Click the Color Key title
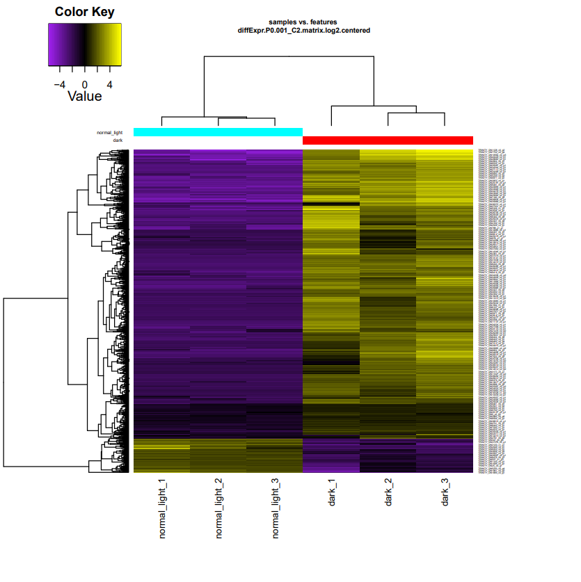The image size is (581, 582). pos(85,13)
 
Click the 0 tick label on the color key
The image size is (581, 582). pos(85,83)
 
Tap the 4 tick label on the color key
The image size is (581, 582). pos(109,83)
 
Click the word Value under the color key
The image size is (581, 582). pos(85,96)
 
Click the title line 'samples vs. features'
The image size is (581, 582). pos(303,22)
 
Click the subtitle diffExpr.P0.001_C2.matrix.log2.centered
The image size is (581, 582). pos(303,31)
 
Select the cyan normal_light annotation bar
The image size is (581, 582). pos(218,132)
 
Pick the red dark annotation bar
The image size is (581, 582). pos(388,140)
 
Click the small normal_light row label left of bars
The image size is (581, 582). pos(109,132)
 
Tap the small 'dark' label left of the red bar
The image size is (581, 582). pos(118,140)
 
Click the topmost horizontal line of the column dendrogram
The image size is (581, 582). pos(289,56)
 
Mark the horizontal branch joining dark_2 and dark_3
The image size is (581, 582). pos(416,113)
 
